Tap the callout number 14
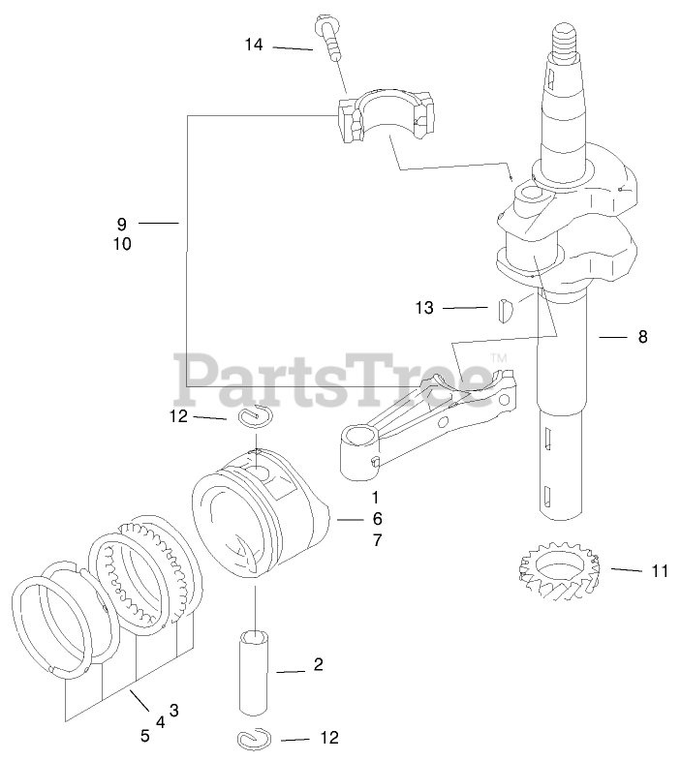[x=254, y=45]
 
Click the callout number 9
[x=122, y=224]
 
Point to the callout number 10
[x=122, y=245]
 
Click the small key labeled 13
[x=502, y=311]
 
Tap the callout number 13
[x=424, y=308]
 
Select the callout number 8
[x=642, y=337]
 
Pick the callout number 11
[x=660, y=571]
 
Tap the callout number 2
[x=318, y=666]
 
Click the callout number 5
[x=144, y=736]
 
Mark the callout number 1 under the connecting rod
[x=373, y=496]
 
